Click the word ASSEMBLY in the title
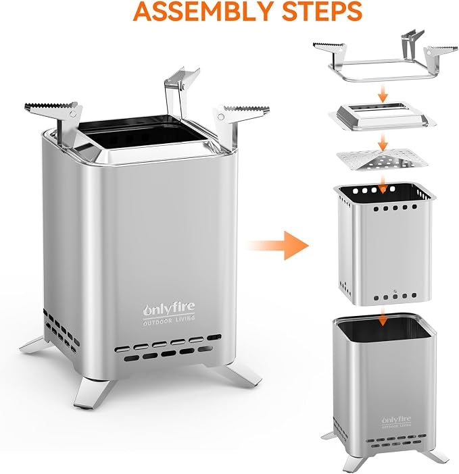pyautogui.click(x=203, y=11)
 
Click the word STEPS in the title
pyautogui.click(x=322, y=11)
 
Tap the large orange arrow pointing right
pyautogui.click(x=278, y=246)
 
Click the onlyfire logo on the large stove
pyautogui.click(x=169, y=309)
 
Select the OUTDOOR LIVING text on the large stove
pyautogui.click(x=169, y=321)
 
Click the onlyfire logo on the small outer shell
pyautogui.click(x=396, y=420)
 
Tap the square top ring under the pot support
pyautogui.click(x=383, y=116)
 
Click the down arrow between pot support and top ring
pyautogui.click(x=383, y=94)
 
